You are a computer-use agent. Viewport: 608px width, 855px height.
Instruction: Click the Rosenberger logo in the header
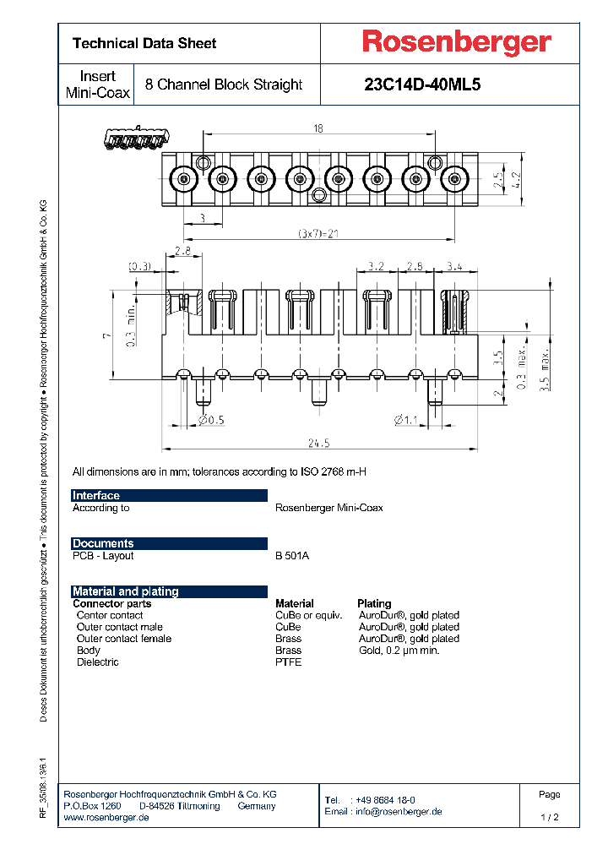(456, 42)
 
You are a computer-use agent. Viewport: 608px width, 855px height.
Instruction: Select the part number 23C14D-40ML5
(421, 84)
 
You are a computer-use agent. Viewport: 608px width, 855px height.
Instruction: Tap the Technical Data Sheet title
(144, 43)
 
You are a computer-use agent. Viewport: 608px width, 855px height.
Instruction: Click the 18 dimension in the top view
(318, 128)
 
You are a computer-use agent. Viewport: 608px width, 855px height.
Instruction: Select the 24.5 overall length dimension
(319, 443)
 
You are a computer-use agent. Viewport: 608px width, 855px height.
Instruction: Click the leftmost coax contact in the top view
(183, 179)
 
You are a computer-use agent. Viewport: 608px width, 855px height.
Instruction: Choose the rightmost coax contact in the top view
(455, 179)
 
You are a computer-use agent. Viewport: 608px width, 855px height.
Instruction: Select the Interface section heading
(96, 496)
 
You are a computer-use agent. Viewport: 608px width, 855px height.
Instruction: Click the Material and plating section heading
(125, 591)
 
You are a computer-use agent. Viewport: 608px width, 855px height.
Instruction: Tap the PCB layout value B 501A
(292, 556)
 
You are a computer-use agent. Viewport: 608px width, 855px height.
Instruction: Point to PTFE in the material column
(288, 662)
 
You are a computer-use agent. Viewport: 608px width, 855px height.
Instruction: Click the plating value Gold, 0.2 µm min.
(399, 650)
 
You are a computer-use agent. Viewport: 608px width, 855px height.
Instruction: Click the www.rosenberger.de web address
(106, 818)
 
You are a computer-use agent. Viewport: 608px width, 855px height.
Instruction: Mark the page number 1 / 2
(549, 818)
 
